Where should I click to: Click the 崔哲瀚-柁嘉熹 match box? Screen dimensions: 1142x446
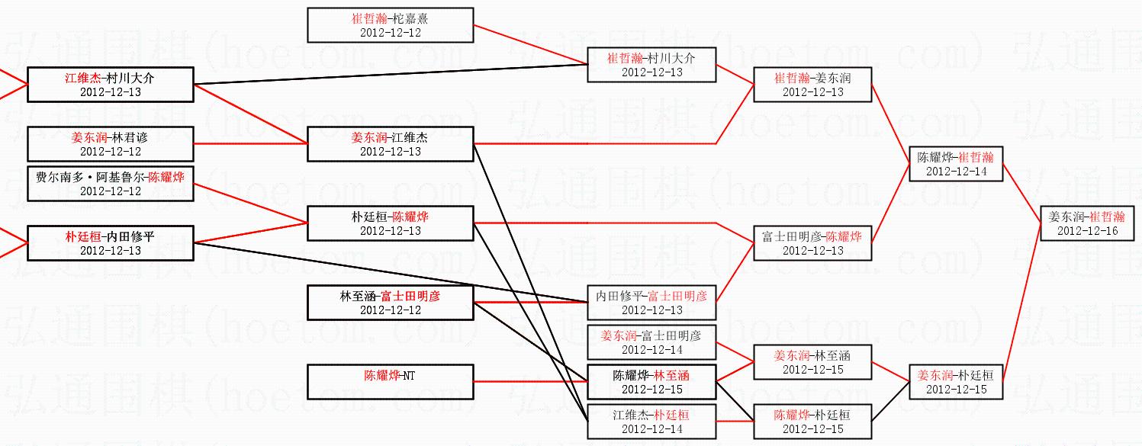(391, 25)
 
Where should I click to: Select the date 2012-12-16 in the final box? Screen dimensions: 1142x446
(1087, 231)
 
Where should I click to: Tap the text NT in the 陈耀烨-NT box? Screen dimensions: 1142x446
(409, 376)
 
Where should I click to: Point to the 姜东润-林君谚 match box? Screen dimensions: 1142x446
(111, 144)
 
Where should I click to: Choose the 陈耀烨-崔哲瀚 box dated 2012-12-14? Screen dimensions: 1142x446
(956, 164)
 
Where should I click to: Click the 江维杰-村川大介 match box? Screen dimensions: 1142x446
(111, 85)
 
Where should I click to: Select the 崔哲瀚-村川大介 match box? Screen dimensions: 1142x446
(651, 65)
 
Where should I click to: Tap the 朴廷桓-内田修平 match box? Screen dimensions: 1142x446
(111, 243)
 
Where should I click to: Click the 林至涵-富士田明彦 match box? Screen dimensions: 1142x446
(391, 303)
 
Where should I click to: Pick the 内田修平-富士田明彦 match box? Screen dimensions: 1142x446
(651, 303)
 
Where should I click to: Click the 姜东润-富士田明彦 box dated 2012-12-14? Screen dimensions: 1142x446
(651, 342)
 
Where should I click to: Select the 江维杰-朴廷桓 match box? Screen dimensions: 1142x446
(651, 422)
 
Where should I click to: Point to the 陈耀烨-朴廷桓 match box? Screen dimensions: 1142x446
(812, 422)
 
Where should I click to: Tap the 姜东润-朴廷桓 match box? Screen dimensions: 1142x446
(956, 382)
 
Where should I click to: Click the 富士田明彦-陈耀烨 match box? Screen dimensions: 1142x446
(812, 243)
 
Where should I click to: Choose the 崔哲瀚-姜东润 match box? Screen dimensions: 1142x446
(812, 85)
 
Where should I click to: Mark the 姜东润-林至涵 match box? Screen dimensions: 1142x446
(812, 362)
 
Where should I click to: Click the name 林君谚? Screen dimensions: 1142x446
(130, 138)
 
